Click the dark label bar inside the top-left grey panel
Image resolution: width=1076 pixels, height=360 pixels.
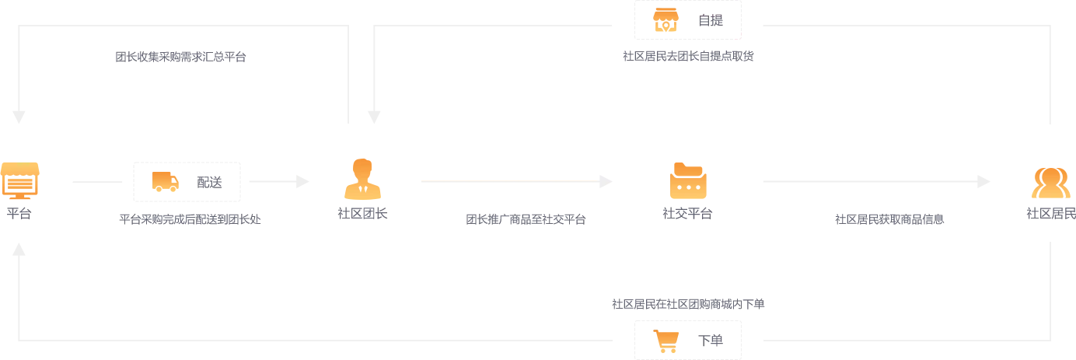click(x=180, y=56)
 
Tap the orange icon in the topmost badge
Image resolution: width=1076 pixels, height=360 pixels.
click(x=666, y=20)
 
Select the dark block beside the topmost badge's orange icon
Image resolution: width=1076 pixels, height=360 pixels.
click(x=711, y=22)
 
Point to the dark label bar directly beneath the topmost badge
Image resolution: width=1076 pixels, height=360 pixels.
click(x=690, y=56)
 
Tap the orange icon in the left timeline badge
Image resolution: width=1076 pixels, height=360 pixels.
click(x=164, y=182)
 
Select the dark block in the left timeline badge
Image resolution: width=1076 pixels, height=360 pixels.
click(x=208, y=183)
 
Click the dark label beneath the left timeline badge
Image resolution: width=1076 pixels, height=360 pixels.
click(x=189, y=218)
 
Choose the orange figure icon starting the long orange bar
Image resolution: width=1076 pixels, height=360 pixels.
click(x=362, y=179)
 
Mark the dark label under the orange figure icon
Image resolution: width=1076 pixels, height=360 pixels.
click(x=363, y=215)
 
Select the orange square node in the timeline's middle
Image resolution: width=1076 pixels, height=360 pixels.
click(x=687, y=183)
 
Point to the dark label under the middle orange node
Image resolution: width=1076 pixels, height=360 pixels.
click(x=687, y=215)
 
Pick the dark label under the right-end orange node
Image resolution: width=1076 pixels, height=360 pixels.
click(x=1051, y=215)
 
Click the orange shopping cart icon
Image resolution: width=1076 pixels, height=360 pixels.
click(x=667, y=341)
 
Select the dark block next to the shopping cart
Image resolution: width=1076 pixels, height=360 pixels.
click(x=711, y=338)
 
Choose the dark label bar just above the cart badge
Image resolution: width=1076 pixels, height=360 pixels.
click(x=686, y=305)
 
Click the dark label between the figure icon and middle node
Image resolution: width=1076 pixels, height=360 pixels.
click(x=528, y=220)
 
